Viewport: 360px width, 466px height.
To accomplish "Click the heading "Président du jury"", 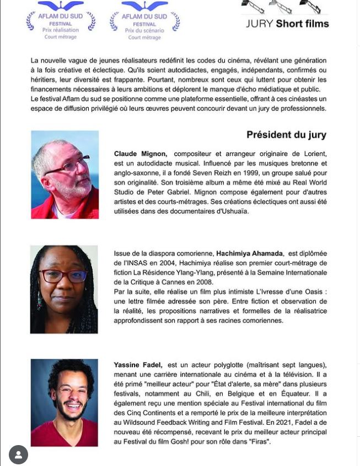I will coord(286,135).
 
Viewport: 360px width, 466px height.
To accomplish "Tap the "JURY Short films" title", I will coord(287,24).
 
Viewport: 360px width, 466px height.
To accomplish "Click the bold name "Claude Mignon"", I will coord(140,154).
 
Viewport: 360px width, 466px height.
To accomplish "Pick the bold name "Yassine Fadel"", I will coord(137,365).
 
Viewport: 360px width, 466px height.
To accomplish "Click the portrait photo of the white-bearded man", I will coord(65,175).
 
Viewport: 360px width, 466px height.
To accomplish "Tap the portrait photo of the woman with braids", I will coord(64,289).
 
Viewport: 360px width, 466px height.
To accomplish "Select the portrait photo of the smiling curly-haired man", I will coord(65,403).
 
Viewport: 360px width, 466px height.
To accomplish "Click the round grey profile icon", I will coord(18,454).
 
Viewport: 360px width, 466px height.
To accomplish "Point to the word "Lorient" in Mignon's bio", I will coord(315,154).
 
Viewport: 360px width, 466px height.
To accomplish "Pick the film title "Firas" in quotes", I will coord(259,441).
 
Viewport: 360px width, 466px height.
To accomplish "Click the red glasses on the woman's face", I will coord(62,276).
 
